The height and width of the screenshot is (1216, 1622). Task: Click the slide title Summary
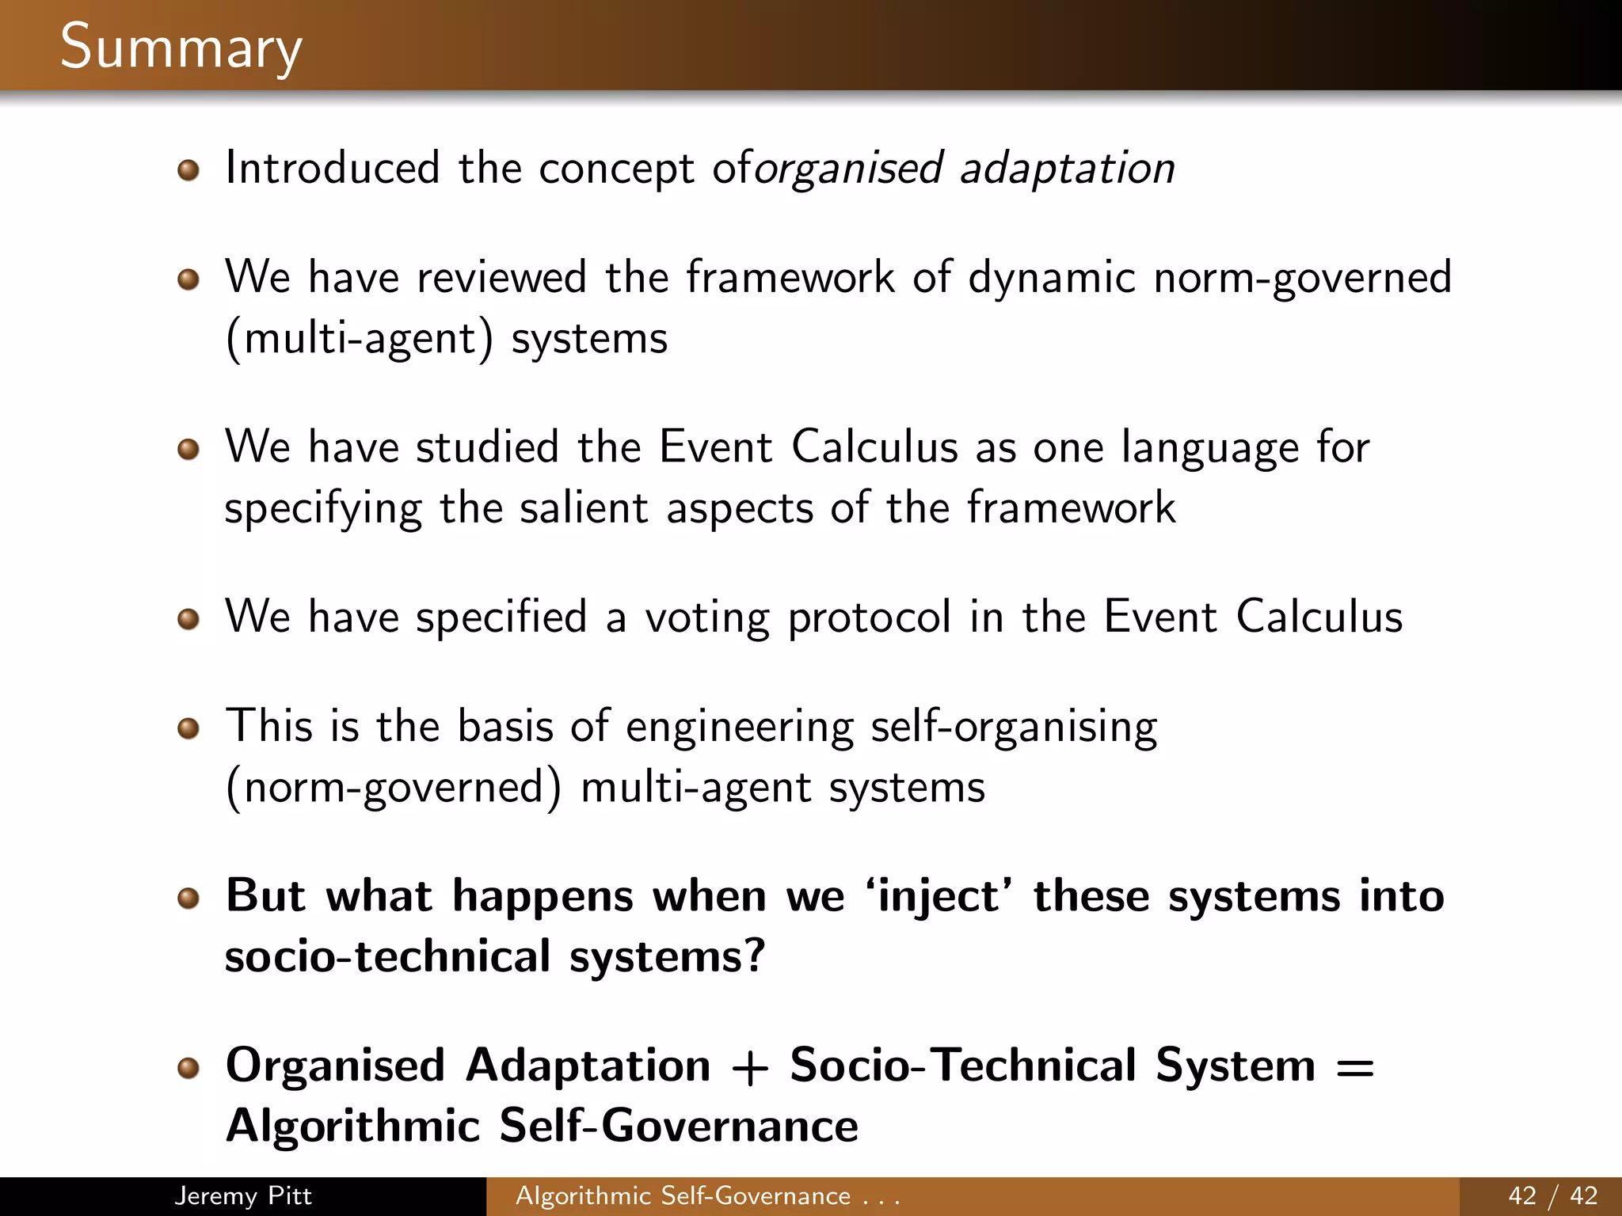pyautogui.click(x=181, y=47)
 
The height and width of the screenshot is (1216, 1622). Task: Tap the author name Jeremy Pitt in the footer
pyautogui.click(x=242, y=1195)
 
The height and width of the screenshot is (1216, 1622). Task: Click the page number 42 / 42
pyautogui.click(x=1553, y=1195)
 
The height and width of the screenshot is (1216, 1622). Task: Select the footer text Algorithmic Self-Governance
pyautogui.click(x=683, y=1195)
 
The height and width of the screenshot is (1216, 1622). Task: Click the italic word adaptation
pyautogui.click(x=1068, y=169)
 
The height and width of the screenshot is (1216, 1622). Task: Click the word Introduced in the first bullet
pyautogui.click(x=333, y=169)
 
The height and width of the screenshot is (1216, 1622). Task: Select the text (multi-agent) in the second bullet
pyautogui.click(x=359, y=339)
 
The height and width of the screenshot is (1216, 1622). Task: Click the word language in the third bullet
pyautogui.click(x=1210, y=448)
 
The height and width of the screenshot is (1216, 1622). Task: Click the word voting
pyautogui.click(x=706, y=618)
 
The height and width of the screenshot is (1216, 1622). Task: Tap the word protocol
pyautogui.click(x=869, y=618)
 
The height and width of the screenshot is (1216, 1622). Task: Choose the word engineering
pyautogui.click(x=740, y=728)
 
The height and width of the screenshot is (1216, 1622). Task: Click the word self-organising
pyautogui.click(x=1014, y=728)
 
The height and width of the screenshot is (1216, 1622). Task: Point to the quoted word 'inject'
pyautogui.click(x=939, y=897)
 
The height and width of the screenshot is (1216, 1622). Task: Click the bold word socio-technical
pyautogui.click(x=387, y=957)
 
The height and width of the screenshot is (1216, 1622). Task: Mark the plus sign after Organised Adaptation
pyautogui.click(x=750, y=1067)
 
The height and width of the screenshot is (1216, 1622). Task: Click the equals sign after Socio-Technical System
pyautogui.click(x=1354, y=1067)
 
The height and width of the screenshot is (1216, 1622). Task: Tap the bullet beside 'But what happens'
pyautogui.click(x=188, y=899)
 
